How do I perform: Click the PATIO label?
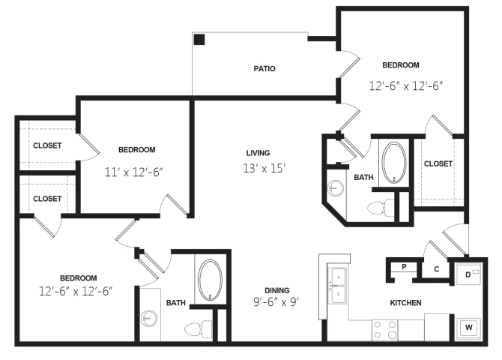[264, 68]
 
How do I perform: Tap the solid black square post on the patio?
[199, 40]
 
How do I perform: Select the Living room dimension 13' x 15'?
[264, 168]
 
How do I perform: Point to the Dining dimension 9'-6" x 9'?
[276, 302]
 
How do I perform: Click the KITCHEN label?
[405, 303]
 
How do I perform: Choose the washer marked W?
[468, 328]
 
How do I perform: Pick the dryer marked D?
[468, 274]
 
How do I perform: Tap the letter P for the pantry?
[404, 267]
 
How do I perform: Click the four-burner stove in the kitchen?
[385, 330]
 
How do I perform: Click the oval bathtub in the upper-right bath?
[394, 163]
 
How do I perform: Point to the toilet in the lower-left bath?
[198, 329]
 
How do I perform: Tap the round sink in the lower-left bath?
[149, 318]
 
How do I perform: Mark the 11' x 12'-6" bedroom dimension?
[134, 172]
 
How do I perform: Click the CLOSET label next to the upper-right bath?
[438, 163]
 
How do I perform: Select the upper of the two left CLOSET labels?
[47, 145]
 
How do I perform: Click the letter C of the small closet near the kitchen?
[437, 269]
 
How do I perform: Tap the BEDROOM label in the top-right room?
[401, 65]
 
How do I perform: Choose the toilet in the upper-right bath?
[381, 208]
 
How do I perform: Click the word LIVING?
[258, 153]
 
